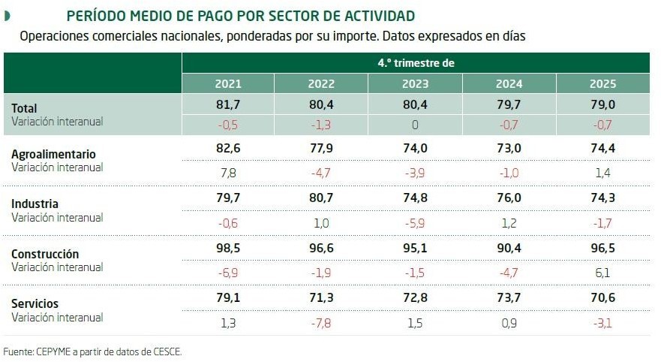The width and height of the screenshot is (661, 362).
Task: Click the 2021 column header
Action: (228, 83)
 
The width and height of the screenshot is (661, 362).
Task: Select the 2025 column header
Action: (602, 83)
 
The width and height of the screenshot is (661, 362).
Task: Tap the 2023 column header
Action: (415, 83)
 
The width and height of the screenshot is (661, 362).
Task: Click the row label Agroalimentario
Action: (53, 155)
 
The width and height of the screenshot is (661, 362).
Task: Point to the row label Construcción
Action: (45, 254)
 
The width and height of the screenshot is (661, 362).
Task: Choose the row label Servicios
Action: (35, 303)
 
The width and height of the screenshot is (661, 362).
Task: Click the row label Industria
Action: (35, 204)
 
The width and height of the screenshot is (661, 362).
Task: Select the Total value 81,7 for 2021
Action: (228, 105)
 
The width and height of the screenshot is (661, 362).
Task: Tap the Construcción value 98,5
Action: (228, 253)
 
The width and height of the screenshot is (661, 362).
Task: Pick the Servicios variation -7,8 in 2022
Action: (321, 323)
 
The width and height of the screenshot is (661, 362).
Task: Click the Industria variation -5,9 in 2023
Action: (415, 223)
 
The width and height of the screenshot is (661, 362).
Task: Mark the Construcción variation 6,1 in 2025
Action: (602, 273)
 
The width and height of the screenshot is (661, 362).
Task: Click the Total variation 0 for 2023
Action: (415, 124)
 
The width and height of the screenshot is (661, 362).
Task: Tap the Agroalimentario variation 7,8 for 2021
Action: (228, 173)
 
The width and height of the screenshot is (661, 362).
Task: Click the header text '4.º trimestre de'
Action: (416, 63)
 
